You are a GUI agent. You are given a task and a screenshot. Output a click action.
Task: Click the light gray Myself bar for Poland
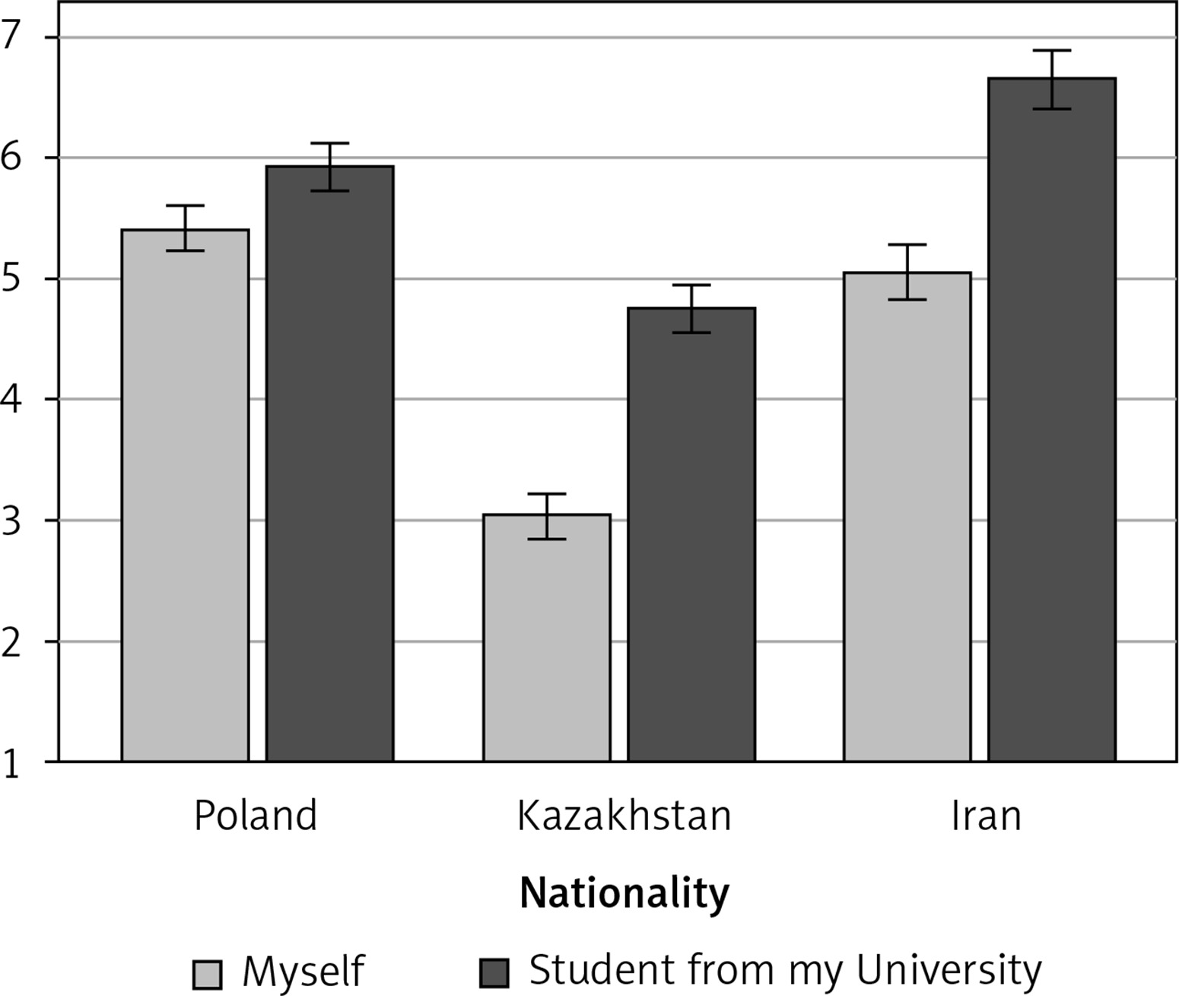pos(185,495)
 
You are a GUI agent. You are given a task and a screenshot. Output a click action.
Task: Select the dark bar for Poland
pos(329,464)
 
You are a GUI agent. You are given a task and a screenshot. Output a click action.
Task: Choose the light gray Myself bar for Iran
pos(907,517)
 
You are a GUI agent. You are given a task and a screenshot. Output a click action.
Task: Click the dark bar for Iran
pos(1051,418)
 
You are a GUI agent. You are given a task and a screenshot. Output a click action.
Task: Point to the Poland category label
pos(256,816)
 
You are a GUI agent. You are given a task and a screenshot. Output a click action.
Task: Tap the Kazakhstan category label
pos(624,816)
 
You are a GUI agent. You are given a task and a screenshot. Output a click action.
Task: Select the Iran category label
pos(986,816)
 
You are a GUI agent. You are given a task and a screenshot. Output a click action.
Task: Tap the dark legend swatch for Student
pos(494,972)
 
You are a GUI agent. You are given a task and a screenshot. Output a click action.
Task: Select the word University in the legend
pos(949,969)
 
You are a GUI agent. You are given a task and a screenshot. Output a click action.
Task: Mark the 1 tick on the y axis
pos(11,765)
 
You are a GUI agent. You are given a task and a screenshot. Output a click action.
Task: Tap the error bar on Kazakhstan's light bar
pos(546,516)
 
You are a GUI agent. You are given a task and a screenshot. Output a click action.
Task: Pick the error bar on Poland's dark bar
pos(329,167)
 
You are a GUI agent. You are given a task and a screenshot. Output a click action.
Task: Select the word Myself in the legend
pos(303,972)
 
